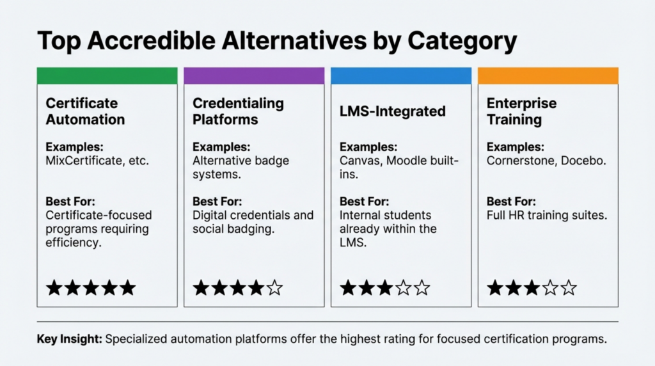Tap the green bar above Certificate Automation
(x=107, y=76)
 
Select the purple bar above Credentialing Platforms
(x=254, y=76)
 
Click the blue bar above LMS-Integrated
(x=401, y=76)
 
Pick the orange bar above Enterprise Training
(x=548, y=76)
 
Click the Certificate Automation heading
(x=85, y=111)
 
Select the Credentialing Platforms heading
(x=238, y=111)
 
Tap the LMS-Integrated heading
(x=392, y=111)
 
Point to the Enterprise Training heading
(x=521, y=111)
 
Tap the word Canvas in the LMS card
(x=361, y=161)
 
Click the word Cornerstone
(x=521, y=161)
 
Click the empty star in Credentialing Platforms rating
(x=274, y=288)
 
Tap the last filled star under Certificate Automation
(x=127, y=288)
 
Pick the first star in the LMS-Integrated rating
(x=348, y=288)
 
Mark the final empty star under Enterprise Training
(x=569, y=288)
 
